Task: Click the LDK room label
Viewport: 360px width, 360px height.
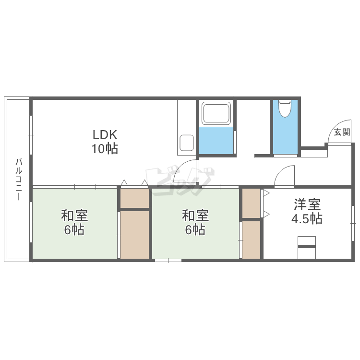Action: point(105,135)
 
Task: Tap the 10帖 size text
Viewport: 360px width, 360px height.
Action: point(105,149)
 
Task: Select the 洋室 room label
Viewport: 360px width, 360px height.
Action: point(307,204)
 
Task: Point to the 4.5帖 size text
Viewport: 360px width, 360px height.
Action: point(307,219)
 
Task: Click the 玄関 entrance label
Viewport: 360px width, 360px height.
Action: point(342,132)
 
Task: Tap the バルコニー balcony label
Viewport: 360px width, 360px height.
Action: point(19,179)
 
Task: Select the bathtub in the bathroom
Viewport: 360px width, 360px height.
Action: point(216,113)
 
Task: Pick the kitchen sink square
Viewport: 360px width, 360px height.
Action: point(186,143)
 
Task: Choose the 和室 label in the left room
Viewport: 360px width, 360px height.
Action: point(74,216)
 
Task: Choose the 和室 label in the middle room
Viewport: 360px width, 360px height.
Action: point(195,216)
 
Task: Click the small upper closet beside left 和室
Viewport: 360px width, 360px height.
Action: point(135,198)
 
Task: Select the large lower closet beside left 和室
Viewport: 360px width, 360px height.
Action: point(135,235)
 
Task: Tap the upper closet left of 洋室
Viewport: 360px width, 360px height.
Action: point(251,203)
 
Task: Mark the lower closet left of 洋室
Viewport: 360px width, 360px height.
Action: point(251,240)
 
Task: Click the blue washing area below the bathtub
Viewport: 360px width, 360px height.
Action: point(216,141)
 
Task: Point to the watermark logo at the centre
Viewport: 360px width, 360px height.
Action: point(180,181)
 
